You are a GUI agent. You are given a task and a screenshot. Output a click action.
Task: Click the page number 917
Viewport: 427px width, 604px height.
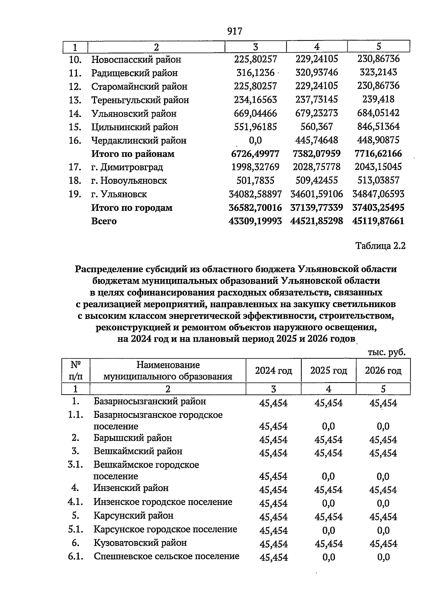pos(234,32)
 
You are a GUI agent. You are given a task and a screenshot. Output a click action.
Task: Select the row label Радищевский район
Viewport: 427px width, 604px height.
pos(134,73)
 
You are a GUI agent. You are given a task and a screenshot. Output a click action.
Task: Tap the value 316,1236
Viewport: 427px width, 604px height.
pos(255,73)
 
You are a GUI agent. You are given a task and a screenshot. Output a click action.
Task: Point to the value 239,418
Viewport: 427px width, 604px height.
pos(378,99)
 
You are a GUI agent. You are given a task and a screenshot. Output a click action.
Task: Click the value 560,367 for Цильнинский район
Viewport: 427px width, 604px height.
pos(317,127)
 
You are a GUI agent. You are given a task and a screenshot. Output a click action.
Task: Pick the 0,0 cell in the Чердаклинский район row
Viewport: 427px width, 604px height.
pos(255,140)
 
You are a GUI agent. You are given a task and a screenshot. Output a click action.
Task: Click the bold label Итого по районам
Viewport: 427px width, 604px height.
pos(133,154)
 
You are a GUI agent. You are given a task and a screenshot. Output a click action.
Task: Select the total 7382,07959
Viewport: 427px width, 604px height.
pos(317,154)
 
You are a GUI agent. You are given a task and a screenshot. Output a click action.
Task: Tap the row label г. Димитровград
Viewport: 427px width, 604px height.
pos(127,167)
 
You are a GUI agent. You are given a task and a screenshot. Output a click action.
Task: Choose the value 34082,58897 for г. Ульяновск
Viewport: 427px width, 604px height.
pos(255,194)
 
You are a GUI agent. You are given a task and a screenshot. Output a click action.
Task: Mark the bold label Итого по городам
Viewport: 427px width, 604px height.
pos(132,208)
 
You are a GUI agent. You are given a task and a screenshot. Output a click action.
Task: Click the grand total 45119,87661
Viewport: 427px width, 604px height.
pos(378,221)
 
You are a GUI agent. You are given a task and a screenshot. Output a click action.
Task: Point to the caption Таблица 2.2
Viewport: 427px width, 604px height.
pos(380,246)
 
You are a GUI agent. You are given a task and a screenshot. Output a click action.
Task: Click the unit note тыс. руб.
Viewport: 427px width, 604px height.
pos(386,352)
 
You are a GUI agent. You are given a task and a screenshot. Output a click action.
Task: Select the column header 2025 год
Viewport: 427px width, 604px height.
pos(328,370)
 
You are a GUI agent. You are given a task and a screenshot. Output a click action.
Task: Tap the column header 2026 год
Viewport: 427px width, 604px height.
pos(383,370)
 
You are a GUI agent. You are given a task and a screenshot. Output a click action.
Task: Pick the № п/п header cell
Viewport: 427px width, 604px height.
pos(75,370)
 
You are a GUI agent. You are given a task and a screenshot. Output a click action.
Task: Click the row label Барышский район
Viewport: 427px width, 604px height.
pos(133,438)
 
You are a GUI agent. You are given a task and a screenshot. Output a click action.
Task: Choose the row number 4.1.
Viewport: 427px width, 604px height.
pos(75,502)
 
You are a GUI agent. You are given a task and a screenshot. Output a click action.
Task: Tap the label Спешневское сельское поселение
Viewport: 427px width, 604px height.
pos(167,556)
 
